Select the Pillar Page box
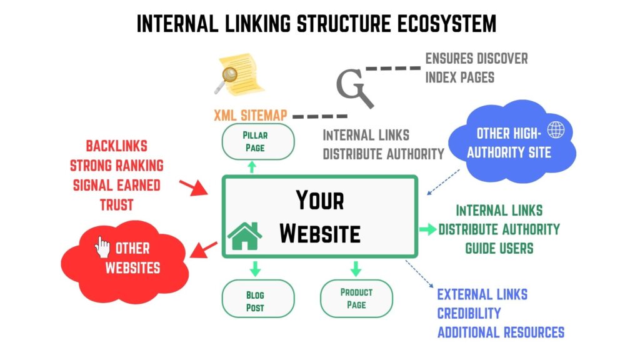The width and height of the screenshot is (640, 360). point(254,141)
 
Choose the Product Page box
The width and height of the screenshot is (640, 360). point(356,298)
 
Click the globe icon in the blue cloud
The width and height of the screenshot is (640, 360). point(556,130)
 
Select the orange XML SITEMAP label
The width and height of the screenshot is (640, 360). point(250,116)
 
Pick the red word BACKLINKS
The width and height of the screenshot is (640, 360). point(117,146)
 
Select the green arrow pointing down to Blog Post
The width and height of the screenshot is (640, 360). point(254,268)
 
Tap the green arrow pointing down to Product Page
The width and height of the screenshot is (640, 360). point(356,268)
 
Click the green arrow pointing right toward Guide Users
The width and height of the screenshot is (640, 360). point(427,229)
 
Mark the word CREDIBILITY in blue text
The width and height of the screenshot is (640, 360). point(469,313)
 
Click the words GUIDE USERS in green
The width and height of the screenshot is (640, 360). point(499,248)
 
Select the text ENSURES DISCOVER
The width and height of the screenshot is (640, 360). point(476,59)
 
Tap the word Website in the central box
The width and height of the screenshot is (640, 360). point(319,233)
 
